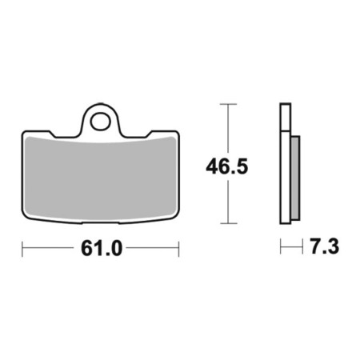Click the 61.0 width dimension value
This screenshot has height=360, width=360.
tap(102, 248)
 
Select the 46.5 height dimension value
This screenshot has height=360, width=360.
tap(227, 166)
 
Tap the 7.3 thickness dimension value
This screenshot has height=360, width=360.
tap(324, 246)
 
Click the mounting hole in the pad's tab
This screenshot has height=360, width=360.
tap(100, 122)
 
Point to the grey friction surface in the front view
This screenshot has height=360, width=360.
tap(100, 178)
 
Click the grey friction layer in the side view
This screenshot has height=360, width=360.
tap(295, 178)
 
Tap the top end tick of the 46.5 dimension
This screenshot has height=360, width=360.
tap(228, 104)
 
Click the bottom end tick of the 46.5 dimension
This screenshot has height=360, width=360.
tap(229, 223)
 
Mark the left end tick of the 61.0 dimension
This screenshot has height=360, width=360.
tap(22, 249)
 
